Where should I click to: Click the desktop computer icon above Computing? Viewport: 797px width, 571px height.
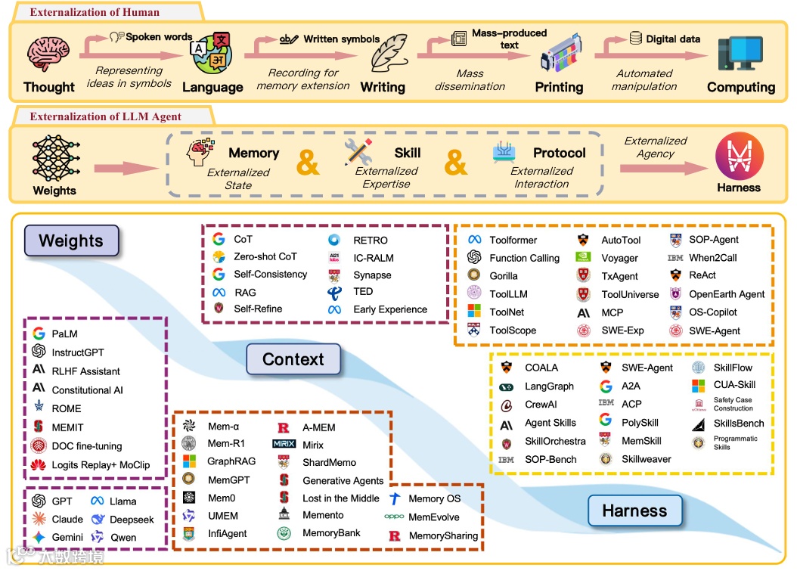[x=740, y=54]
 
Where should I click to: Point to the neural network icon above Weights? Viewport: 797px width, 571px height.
[x=54, y=157]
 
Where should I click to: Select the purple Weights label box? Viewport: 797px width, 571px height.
[x=71, y=241]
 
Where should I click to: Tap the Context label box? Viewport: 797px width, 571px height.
[x=293, y=360]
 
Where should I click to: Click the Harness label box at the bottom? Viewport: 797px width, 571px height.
[x=634, y=510]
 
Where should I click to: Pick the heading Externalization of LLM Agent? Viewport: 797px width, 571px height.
[x=105, y=116]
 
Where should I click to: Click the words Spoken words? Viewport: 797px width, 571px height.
[x=159, y=36]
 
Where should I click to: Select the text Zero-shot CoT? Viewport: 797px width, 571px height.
[x=265, y=257]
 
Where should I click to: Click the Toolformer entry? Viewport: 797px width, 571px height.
[x=513, y=240]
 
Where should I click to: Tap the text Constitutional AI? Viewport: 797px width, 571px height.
[x=87, y=390]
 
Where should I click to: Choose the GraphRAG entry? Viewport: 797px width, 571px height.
[x=231, y=461]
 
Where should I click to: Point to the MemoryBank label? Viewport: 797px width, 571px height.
[x=331, y=533]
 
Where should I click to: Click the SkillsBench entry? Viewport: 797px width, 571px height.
[x=739, y=424]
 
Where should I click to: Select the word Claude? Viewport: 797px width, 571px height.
[x=67, y=520]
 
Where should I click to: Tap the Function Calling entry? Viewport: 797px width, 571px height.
[x=524, y=258]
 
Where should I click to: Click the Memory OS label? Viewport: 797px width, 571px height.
[x=434, y=499]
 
